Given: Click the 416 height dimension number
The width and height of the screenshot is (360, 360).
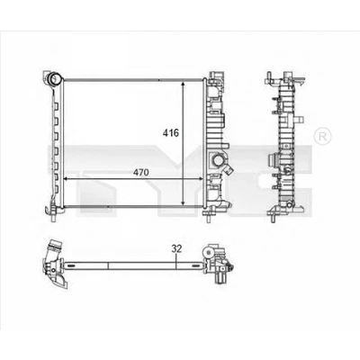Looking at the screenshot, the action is point(171,132).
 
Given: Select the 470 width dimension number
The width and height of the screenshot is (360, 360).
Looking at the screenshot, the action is point(140,172).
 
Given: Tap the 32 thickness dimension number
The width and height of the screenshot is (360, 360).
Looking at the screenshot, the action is point(177,248).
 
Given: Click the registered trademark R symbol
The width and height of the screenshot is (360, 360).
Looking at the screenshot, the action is point(322,137).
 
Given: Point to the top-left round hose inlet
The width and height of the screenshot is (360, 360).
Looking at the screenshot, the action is point(55,79).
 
